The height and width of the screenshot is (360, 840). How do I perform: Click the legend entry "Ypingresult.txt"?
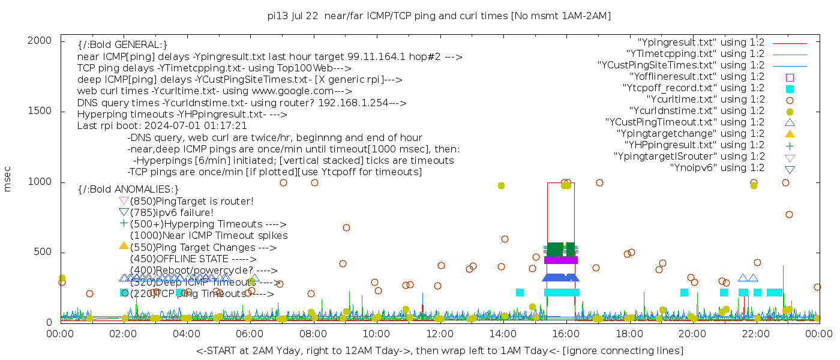[701, 43]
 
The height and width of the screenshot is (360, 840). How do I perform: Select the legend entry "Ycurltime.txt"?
[706, 100]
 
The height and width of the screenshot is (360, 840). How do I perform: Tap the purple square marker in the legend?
[790, 77]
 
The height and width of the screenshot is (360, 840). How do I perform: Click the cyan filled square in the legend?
[790, 88]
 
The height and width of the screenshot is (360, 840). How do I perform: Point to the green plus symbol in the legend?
[790, 145]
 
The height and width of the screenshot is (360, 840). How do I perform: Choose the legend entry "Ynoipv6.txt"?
[717, 168]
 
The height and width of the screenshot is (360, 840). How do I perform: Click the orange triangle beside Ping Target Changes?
[124, 245]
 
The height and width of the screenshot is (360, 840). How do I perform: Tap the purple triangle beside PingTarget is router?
[124, 200]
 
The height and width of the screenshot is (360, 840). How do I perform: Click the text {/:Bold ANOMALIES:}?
[128, 189]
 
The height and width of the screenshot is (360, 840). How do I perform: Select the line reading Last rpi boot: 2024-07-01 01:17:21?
[162, 126]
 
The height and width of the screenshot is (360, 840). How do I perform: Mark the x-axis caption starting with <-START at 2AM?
[439, 350]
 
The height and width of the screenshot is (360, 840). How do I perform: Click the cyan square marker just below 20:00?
[684, 292]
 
